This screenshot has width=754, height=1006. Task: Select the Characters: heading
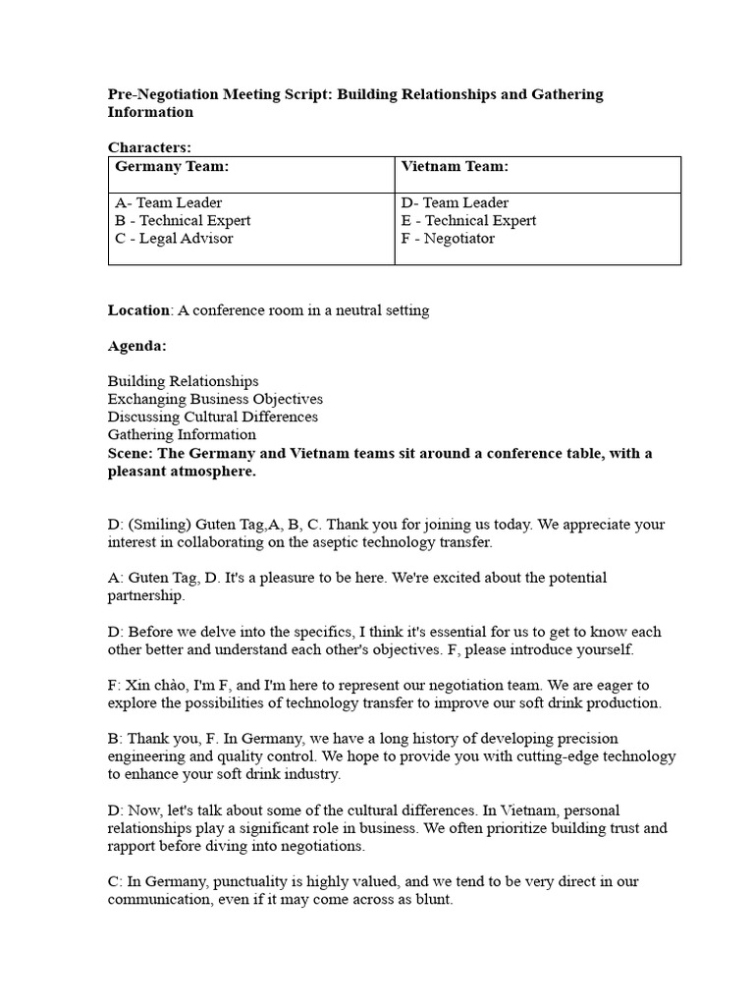(149, 147)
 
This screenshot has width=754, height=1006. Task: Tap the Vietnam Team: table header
(455, 167)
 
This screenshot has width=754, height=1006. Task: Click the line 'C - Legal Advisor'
(174, 238)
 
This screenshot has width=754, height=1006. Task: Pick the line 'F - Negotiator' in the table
(448, 238)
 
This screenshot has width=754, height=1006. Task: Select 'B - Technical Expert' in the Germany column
(183, 220)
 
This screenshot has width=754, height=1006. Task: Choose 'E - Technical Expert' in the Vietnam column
(468, 220)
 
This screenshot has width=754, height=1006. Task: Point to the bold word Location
(138, 310)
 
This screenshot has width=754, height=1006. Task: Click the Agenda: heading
(136, 346)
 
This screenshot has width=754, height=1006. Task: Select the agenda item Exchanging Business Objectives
(215, 399)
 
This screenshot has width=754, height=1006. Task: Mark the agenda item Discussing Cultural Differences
(213, 417)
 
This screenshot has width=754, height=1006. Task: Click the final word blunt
(431, 899)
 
